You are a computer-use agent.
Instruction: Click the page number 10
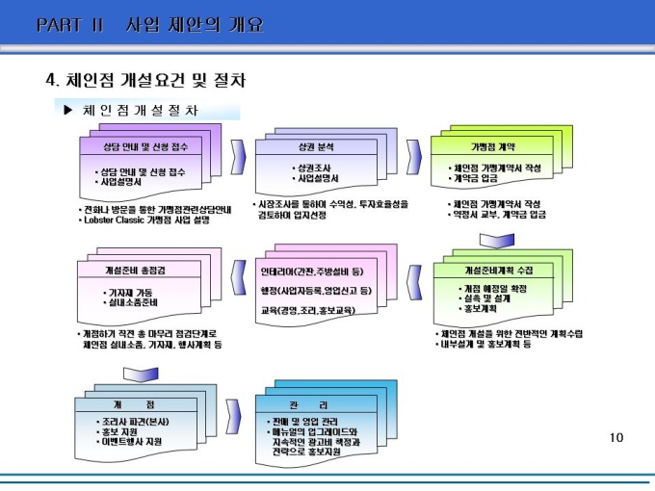click(x=617, y=438)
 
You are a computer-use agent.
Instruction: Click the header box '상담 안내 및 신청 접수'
click(x=146, y=147)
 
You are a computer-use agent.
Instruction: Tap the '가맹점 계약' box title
click(x=492, y=147)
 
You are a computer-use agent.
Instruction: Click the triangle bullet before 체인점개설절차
click(x=67, y=110)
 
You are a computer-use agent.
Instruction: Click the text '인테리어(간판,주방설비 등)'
click(x=310, y=271)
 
